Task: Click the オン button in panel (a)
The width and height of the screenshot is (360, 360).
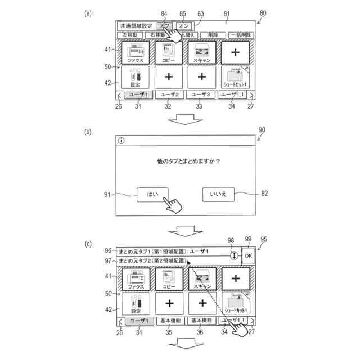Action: tap(184, 26)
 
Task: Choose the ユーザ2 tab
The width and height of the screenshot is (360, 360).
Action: tap(169, 94)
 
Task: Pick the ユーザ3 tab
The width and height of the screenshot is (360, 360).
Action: tap(202, 94)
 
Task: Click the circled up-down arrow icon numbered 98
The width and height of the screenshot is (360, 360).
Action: tap(232, 256)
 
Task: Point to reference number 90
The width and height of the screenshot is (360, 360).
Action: tap(262, 130)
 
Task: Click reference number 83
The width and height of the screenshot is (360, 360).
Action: tap(200, 13)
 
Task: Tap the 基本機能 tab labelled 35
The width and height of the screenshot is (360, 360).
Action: tap(169, 321)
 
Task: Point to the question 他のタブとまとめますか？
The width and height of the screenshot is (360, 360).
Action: tap(187, 161)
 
